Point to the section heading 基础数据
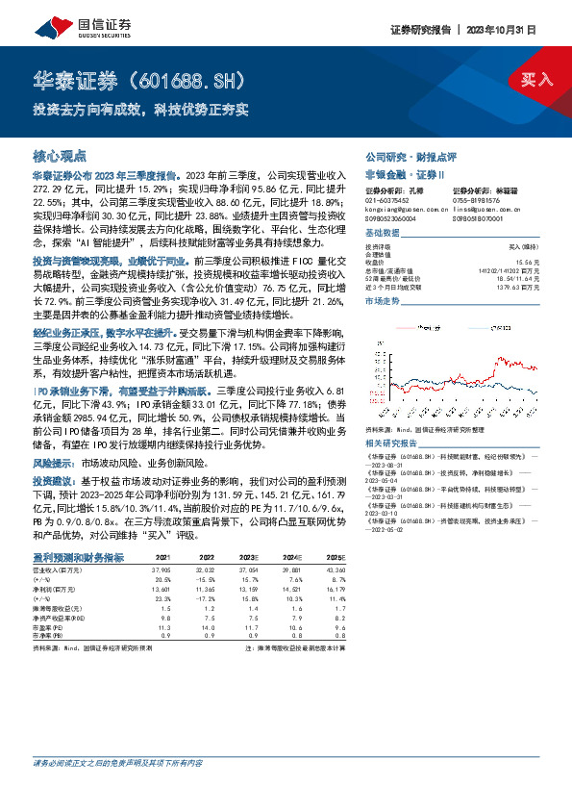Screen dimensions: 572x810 [382, 234]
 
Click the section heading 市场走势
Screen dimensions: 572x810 [382, 301]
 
